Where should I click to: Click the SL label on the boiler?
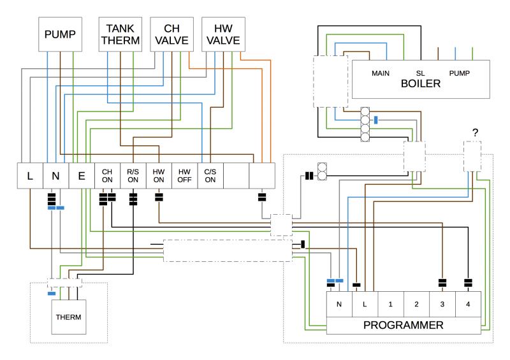pyautogui.click(x=420, y=73)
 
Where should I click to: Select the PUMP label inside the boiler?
pyautogui.click(x=460, y=73)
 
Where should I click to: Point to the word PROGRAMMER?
pyautogui.click(x=403, y=326)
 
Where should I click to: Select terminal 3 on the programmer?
pyautogui.click(x=442, y=304)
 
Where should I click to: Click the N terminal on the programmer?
pyautogui.click(x=339, y=304)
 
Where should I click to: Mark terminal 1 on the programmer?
pyautogui.click(x=390, y=304)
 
